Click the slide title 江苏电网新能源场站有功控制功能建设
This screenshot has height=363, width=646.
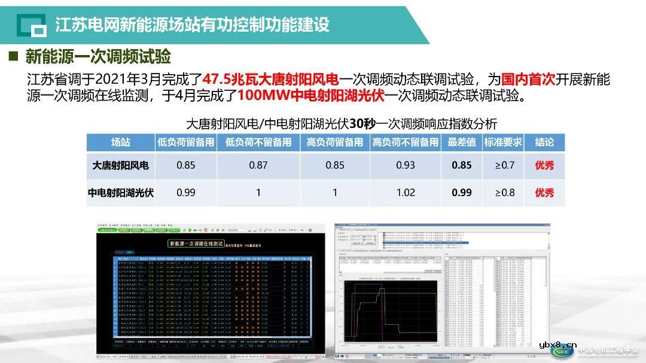[x=192, y=25]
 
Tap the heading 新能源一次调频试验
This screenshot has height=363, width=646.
[x=98, y=57]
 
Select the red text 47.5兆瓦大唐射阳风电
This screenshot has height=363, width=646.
[x=270, y=79]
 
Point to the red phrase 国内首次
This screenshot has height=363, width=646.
[x=529, y=79]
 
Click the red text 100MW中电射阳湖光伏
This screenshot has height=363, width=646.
[x=311, y=95]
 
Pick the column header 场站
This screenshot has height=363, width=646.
[x=120, y=142]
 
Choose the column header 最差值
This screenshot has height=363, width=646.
[x=462, y=142]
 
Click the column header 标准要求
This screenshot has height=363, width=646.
[x=503, y=142]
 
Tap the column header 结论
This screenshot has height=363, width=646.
[x=544, y=142]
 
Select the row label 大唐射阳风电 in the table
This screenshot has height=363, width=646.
[x=120, y=165]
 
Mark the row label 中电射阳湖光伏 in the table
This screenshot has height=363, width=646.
[x=120, y=193]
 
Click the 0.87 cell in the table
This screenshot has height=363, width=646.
[x=258, y=165]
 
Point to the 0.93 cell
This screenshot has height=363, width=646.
[x=406, y=165]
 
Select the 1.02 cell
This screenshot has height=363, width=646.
[x=406, y=193]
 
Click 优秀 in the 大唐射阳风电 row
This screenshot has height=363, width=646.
[x=544, y=165]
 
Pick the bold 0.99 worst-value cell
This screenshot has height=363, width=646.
[x=462, y=193]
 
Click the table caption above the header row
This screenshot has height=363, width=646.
[x=341, y=124]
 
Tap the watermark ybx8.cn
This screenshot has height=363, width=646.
[x=558, y=344]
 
